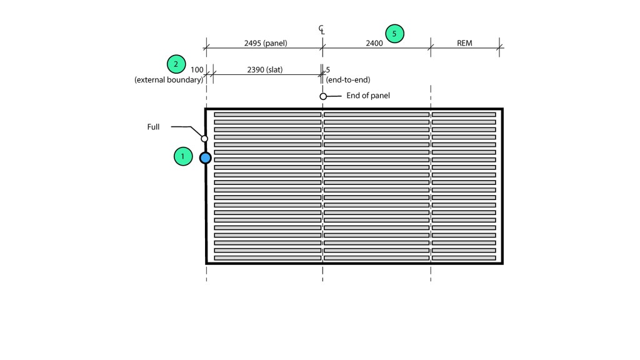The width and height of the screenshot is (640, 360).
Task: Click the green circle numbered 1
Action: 182,156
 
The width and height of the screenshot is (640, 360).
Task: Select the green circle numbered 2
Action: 176,64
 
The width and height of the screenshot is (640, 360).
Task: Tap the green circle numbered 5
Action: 394,34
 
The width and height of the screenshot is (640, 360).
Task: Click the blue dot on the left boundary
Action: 205,158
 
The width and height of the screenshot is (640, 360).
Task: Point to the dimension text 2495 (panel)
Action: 266,43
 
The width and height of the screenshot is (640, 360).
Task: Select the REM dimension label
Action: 464,43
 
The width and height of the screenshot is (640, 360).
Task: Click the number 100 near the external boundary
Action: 197,69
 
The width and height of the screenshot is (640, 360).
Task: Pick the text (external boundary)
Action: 169,80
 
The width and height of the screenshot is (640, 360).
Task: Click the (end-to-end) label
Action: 348,80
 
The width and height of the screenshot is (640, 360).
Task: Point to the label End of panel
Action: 368,96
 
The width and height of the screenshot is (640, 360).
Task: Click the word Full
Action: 153,127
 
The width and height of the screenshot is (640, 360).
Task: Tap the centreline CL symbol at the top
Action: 322,30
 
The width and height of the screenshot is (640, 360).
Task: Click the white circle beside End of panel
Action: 323,96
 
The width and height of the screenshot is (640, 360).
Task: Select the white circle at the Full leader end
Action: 204,138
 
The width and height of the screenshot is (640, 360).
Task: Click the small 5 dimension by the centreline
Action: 327,69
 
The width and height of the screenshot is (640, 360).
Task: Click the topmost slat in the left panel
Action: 267,115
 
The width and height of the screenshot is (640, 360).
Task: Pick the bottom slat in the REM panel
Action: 464,258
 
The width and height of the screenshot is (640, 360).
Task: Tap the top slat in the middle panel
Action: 376,115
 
